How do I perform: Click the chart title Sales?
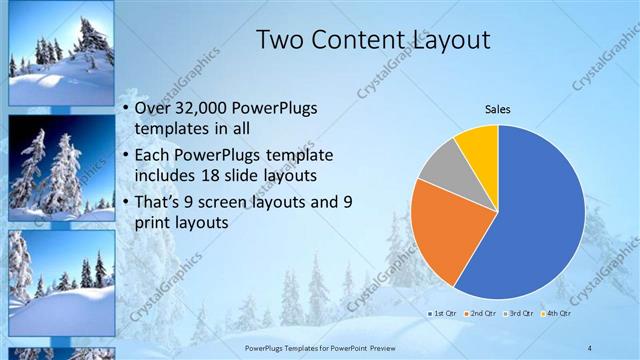(x=498, y=107)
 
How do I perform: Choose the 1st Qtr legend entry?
(x=443, y=313)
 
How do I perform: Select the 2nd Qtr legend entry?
(x=481, y=313)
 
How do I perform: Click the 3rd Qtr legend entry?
(x=519, y=313)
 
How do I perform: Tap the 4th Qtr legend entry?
(x=555, y=313)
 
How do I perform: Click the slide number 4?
(x=590, y=347)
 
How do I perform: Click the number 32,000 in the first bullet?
(x=201, y=108)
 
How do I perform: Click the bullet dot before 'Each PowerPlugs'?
(x=124, y=156)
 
